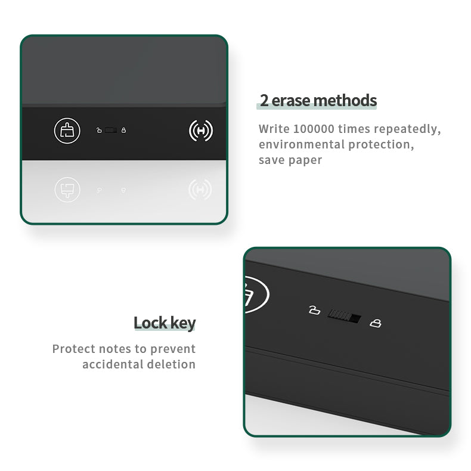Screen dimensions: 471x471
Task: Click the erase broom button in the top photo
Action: coord(67,131)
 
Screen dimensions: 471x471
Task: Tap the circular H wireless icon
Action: coord(201,131)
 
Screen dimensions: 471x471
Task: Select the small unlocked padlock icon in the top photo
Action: coord(99,130)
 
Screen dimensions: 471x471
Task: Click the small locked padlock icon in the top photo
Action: coord(123,130)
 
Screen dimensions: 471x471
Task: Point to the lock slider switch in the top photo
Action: coord(111,130)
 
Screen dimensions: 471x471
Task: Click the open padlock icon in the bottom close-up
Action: coord(315,310)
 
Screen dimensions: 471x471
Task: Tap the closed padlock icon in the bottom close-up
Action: coord(376,323)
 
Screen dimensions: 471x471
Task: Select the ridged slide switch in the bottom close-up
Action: coord(344,317)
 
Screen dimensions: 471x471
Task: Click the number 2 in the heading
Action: coord(264,100)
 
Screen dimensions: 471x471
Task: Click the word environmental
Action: coord(302,144)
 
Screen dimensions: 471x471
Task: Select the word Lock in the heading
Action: coord(150,323)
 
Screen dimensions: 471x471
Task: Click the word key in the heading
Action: coord(183,324)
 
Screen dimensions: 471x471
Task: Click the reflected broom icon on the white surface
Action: coord(67,190)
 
